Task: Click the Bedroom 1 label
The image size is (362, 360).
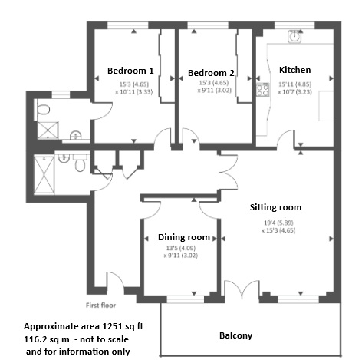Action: [x=130, y=71]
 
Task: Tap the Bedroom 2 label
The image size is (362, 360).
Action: [x=211, y=74]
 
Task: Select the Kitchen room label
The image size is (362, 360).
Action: [x=295, y=68]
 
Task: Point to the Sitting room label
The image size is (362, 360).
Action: [x=275, y=207]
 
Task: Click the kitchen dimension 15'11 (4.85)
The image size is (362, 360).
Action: [x=295, y=84]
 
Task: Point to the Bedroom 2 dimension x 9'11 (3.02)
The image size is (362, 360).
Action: [x=211, y=97]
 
